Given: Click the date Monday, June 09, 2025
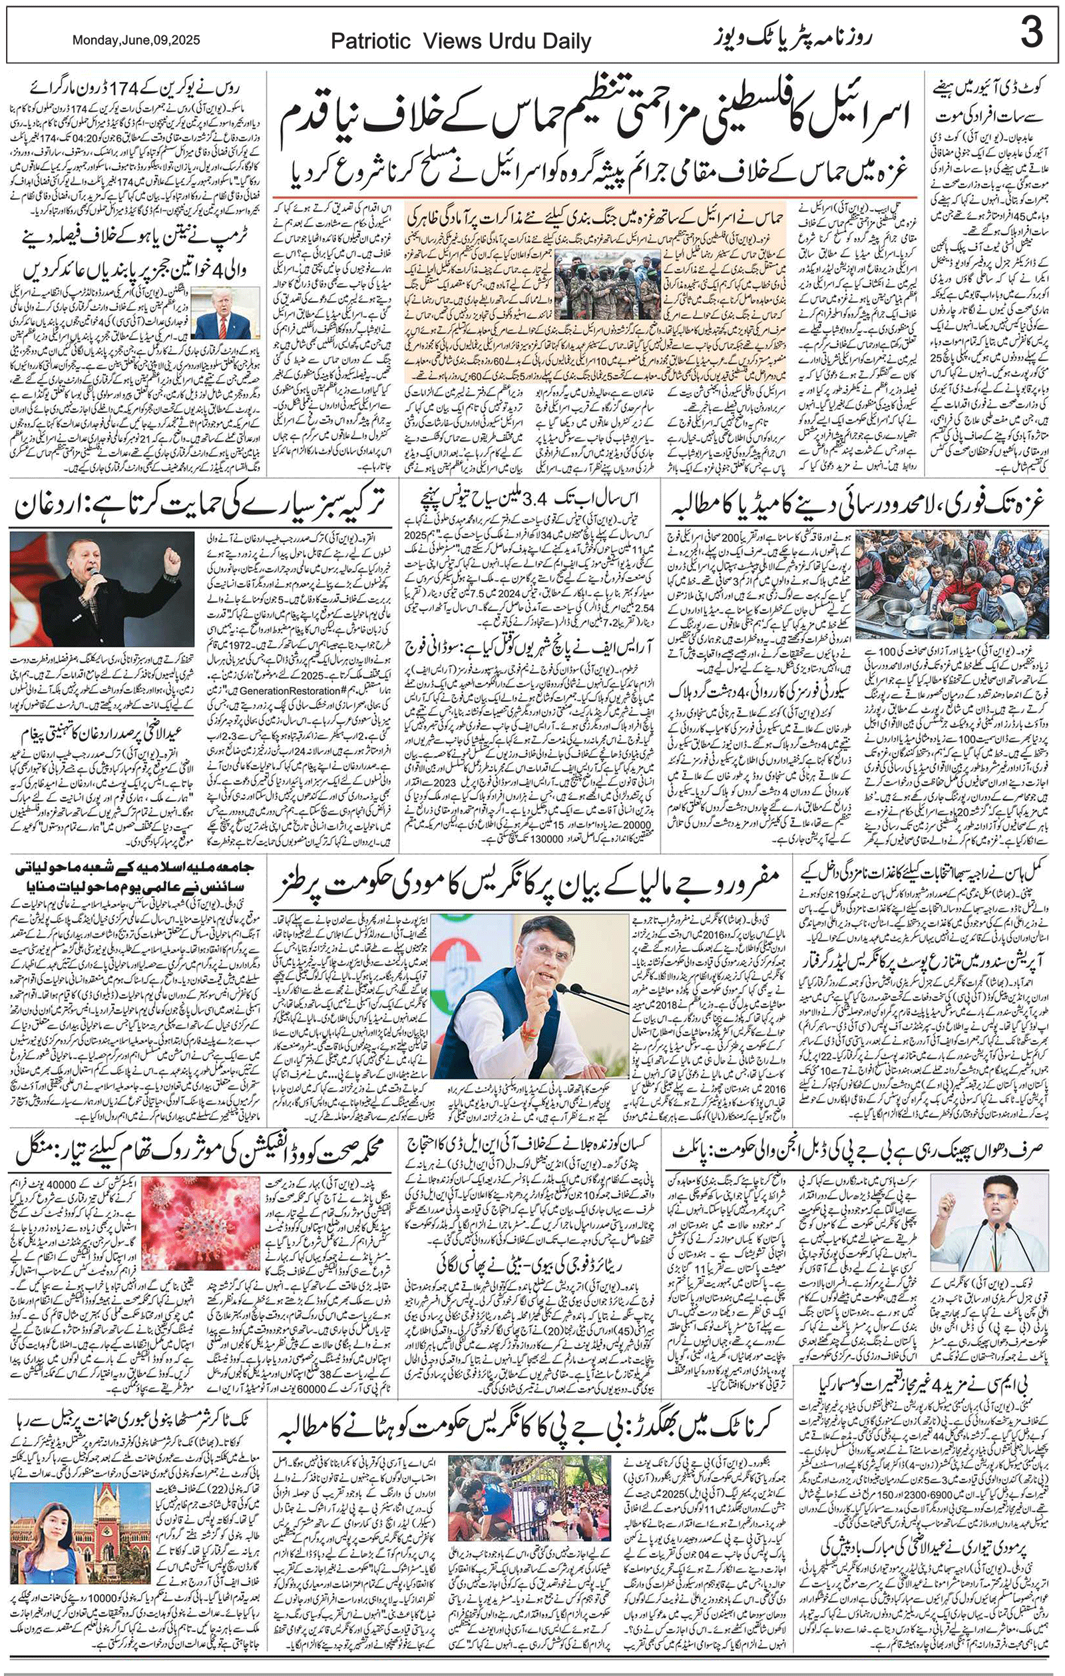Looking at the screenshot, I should coord(136,41).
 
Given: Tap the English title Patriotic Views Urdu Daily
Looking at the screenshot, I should coord(461,42).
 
